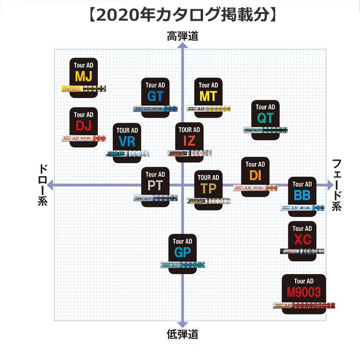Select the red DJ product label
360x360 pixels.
pyautogui.click(x=84, y=126)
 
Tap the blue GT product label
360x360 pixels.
pyautogui.click(x=155, y=96)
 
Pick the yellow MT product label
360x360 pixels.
pyautogui.click(x=208, y=96)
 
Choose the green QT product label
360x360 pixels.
pyautogui.click(x=265, y=118)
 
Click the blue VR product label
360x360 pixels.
pyautogui.click(x=127, y=142)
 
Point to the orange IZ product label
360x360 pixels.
pyautogui.click(x=189, y=141)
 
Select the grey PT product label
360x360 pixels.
pyautogui.click(x=155, y=186)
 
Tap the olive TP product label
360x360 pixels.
pyautogui.click(x=208, y=188)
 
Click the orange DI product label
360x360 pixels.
pyautogui.click(x=255, y=176)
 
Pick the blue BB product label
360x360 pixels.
pyautogui.click(x=302, y=195)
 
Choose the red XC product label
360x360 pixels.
pyautogui.click(x=302, y=240)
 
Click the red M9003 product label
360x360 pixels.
pyautogui.click(x=303, y=292)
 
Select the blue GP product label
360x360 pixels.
pyautogui.click(x=182, y=252)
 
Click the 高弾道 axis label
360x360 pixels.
pyautogui.click(x=182, y=36)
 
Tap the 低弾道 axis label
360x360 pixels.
pyautogui.click(x=182, y=334)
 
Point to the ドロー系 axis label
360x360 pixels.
pyautogui.click(x=42, y=185)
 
